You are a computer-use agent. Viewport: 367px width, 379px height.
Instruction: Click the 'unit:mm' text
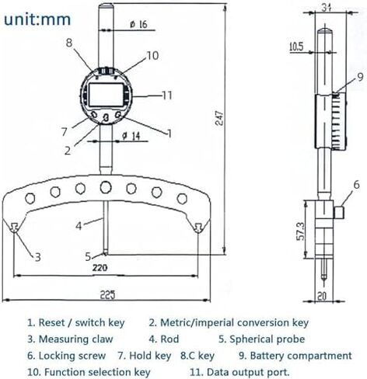pyautogui.click(x=37, y=19)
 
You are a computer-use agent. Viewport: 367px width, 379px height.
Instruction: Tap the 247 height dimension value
pyautogui.click(x=220, y=118)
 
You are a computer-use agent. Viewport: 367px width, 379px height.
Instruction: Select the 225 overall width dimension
pyautogui.click(x=107, y=294)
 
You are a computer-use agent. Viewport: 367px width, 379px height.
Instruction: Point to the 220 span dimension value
pyautogui.click(x=100, y=268)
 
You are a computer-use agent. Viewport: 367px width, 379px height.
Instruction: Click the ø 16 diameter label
pyautogui.click(x=138, y=25)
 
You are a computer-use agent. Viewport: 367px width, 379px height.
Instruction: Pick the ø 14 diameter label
pyautogui.click(x=131, y=136)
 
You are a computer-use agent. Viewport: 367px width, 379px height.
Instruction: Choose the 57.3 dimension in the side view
pyautogui.click(x=301, y=231)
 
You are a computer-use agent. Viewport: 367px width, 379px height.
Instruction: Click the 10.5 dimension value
pyautogui.click(x=296, y=47)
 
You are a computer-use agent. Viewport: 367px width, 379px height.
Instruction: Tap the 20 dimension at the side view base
pyautogui.click(x=322, y=296)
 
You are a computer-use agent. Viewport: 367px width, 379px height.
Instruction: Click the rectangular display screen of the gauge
pyautogui.click(x=106, y=95)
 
